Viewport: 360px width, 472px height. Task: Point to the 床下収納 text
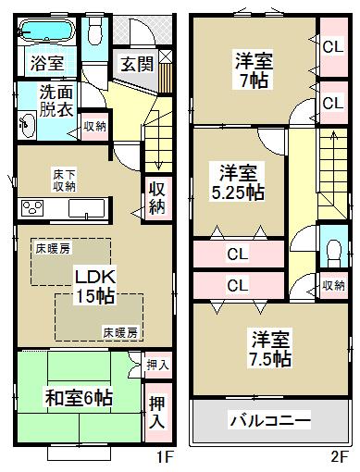coord(64,179)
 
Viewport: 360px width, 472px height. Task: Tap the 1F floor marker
coord(164,457)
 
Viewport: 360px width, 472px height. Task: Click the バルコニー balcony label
coord(269,420)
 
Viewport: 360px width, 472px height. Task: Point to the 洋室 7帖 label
coord(254,71)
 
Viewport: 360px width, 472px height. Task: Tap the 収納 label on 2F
coord(335,286)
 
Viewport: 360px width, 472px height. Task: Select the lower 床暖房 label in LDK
coord(120,331)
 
